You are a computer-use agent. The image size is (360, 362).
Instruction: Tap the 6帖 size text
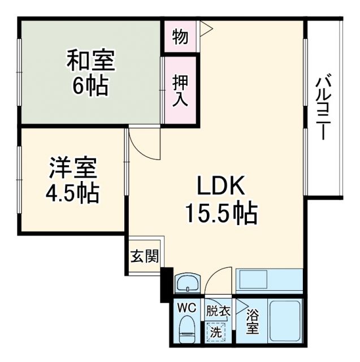point(90,85)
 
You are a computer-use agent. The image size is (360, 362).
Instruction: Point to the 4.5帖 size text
point(72,193)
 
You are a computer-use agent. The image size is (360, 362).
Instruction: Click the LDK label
point(220,186)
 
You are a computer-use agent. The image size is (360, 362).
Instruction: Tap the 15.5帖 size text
point(220,213)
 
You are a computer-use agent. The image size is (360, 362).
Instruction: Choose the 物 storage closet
point(180,37)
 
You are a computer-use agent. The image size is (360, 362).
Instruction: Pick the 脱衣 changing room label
point(218,311)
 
